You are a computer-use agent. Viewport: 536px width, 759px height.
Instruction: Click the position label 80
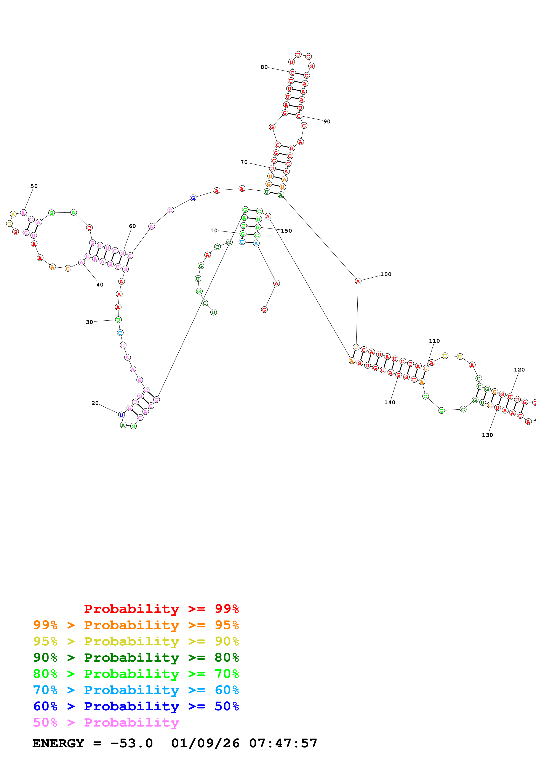click(x=264, y=67)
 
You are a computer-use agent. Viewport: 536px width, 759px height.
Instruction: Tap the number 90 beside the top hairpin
click(x=327, y=122)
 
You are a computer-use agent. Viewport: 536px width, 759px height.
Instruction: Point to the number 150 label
click(x=286, y=231)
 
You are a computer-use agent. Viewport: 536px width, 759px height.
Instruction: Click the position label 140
click(x=390, y=402)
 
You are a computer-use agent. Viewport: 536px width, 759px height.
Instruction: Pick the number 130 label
click(x=487, y=435)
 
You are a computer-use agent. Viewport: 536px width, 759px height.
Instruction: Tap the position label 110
click(x=434, y=341)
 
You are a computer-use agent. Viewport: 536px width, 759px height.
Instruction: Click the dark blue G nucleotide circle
click(x=193, y=198)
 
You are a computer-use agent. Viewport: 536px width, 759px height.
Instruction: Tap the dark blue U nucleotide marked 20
click(x=122, y=415)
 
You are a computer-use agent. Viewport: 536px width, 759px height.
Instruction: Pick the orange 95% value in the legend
click(x=227, y=625)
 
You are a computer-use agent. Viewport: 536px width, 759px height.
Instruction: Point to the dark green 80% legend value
click(x=227, y=658)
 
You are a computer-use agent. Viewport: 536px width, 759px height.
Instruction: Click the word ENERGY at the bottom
click(x=58, y=743)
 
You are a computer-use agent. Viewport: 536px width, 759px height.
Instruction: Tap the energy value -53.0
click(x=131, y=743)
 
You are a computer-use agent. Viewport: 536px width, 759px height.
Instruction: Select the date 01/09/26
click(x=205, y=743)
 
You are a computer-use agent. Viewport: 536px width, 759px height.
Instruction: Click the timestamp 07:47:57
click(x=283, y=743)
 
